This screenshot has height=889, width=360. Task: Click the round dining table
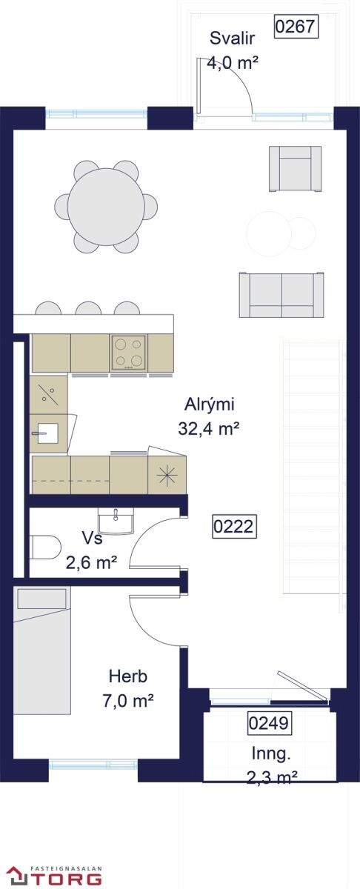point(106,207)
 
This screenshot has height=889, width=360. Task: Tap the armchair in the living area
point(296,169)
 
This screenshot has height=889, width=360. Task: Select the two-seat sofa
point(281,295)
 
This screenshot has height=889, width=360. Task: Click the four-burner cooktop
point(129,353)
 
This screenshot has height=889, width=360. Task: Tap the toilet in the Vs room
point(45,547)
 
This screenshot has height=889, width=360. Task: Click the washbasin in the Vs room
point(116,522)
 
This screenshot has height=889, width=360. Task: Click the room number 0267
point(296,27)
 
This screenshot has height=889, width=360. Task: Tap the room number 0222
point(234,527)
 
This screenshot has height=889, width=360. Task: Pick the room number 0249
point(269,723)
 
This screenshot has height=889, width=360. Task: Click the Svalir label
point(232,39)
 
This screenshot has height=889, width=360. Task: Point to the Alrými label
point(209,404)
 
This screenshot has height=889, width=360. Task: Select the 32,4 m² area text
point(208,429)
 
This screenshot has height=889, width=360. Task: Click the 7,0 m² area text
point(128,702)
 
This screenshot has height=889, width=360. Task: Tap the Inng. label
point(271,753)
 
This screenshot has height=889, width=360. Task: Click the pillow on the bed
point(41,599)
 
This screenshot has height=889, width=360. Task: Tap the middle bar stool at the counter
point(88,308)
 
